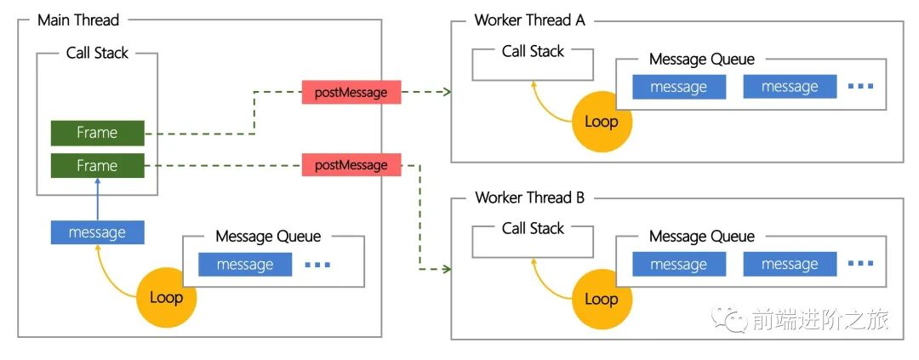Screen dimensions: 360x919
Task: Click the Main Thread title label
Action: (x=78, y=20)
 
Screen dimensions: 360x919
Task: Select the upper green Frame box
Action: (x=97, y=133)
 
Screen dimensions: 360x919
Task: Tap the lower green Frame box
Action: (x=97, y=165)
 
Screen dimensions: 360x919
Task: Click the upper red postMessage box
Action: (x=351, y=91)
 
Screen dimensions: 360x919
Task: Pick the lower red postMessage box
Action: (x=351, y=164)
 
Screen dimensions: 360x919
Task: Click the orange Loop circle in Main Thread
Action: (x=166, y=297)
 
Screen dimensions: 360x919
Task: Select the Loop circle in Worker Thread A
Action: (x=601, y=121)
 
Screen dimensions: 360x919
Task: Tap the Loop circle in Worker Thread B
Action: (x=601, y=299)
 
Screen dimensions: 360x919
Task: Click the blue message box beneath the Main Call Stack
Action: (x=97, y=232)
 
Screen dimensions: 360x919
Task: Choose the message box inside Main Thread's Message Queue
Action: (x=245, y=265)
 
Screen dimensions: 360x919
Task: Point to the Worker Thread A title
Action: (x=529, y=20)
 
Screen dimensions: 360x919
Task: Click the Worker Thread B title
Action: (x=529, y=197)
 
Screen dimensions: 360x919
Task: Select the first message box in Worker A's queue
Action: (x=679, y=87)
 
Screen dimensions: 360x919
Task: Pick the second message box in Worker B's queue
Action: (x=790, y=265)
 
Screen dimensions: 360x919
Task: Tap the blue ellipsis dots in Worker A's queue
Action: (x=860, y=87)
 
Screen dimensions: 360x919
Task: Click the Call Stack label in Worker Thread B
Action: (x=533, y=228)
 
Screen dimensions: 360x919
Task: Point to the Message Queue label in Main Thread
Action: (x=268, y=236)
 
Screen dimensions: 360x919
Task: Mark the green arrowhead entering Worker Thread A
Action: (x=445, y=91)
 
